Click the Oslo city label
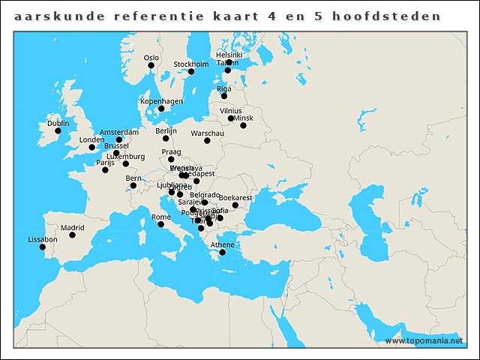coord(151,58)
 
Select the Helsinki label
coord(229,55)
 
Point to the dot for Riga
coord(223,96)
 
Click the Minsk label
coord(244,118)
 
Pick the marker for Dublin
coord(58,131)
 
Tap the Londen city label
coord(91,139)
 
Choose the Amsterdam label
coord(119,132)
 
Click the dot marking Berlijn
coord(165,138)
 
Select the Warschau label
coord(208,133)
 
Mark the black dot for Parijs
coord(105,170)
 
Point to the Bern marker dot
coord(133,186)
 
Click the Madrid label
coord(73,227)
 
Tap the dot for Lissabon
coord(43,247)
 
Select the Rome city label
coord(161,217)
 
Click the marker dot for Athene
coord(222,253)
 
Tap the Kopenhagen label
coord(161,101)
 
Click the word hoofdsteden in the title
coord(400,15)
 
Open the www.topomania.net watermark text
coord(424,340)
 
